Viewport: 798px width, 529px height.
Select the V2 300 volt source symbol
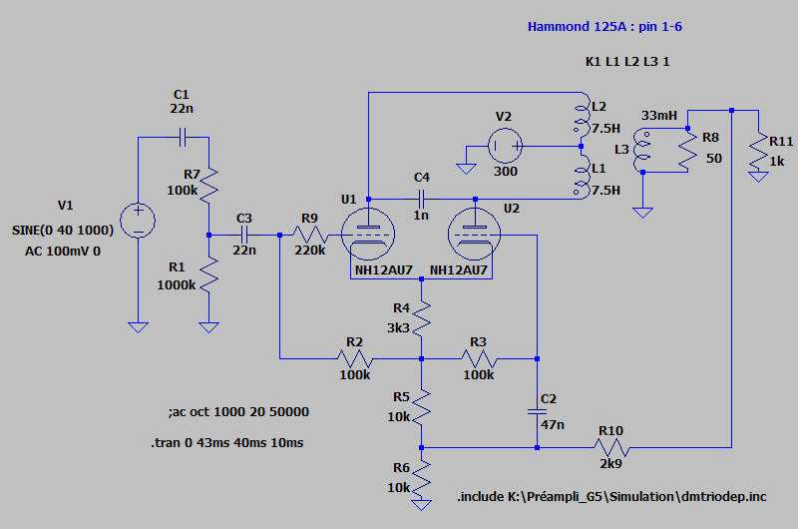504,148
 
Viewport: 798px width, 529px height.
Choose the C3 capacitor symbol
245,235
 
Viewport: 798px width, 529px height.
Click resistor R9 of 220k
309,235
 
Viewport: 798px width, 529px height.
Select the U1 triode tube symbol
369,235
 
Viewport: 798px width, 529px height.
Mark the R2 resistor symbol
354,357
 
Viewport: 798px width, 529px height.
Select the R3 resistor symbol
479,357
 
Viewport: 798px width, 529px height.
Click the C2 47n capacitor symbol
538,410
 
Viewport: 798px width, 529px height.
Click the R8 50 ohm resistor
687,150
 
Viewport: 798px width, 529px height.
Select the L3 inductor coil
644,150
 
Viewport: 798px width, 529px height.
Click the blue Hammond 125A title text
604,27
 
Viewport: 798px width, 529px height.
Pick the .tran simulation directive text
225,442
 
